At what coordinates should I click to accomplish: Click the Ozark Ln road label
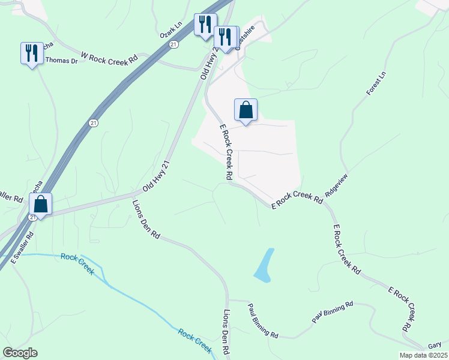[171, 31]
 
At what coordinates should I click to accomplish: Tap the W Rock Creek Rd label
[109, 58]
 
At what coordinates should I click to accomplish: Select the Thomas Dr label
[62, 61]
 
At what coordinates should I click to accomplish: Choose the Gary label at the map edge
[435, 346]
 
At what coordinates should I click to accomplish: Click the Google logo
[20, 353]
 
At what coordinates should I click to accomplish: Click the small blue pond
[264, 266]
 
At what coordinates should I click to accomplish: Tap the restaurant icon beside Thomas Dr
[31, 53]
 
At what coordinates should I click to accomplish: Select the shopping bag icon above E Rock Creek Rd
[246, 110]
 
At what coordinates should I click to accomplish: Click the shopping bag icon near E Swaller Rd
[40, 204]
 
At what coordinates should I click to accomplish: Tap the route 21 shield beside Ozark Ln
[173, 44]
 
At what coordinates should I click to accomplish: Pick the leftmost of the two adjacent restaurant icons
[205, 25]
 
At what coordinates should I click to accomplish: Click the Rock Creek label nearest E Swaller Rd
[77, 264]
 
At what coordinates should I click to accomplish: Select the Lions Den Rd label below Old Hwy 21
[146, 220]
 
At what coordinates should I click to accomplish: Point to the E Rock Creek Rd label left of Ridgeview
[297, 200]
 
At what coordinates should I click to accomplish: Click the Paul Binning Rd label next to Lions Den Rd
[263, 320]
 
